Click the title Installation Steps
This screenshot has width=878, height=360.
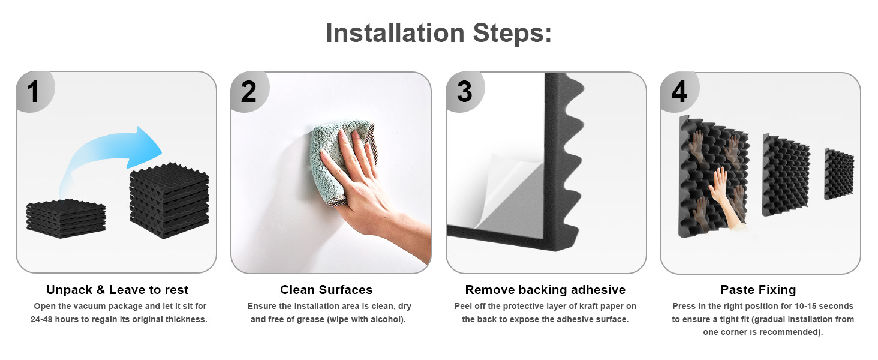click(438, 33)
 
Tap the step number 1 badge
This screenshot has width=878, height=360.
click(35, 92)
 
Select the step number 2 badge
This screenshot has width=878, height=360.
click(249, 92)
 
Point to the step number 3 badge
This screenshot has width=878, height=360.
click(465, 92)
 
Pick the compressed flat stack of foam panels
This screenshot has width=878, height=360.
click(66, 218)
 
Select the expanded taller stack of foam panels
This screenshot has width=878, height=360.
click(169, 200)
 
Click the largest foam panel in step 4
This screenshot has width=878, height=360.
click(714, 176)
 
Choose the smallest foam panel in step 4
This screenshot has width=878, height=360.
click(839, 174)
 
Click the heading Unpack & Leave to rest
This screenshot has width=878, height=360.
click(117, 290)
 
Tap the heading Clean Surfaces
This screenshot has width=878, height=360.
click(326, 290)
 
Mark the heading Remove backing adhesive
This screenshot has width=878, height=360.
click(545, 290)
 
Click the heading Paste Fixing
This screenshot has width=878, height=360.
click(759, 290)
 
